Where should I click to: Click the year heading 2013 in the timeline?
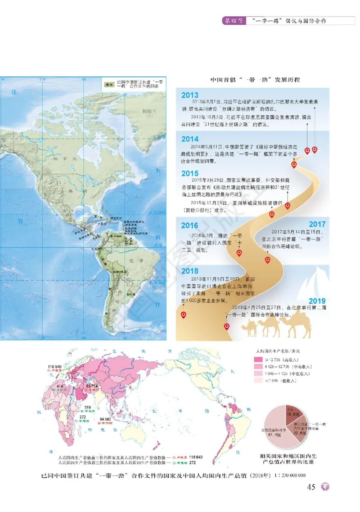[x=190, y=95]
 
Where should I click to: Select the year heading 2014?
[x=190, y=139]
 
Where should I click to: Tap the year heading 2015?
[x=190, y=173]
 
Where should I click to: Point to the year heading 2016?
[x=190, y=225]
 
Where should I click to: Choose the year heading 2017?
[x=317, y=224]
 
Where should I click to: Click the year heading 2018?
[x=190, y=271]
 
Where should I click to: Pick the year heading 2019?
[x=317, y=301]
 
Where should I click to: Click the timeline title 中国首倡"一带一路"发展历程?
[x=255, y=80]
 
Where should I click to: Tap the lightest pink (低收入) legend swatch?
[x=258, y=380]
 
